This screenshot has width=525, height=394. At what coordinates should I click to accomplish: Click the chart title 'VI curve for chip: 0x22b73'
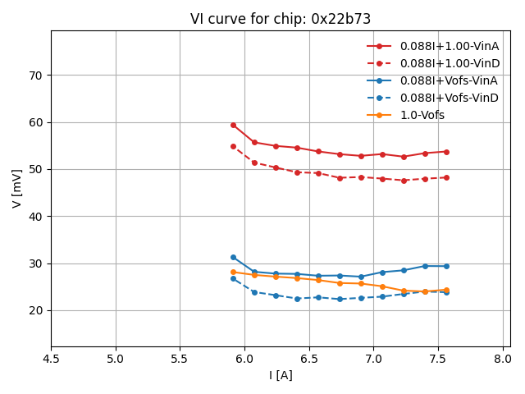coord(280,19)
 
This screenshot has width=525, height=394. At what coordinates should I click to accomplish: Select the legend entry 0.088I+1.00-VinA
coord(450,46)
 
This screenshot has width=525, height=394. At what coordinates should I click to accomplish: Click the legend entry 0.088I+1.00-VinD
coord(450,63)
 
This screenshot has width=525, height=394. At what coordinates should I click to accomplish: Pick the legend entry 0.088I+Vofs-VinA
coord(449,80)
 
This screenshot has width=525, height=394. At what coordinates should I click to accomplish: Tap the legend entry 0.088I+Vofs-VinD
coord(449,98)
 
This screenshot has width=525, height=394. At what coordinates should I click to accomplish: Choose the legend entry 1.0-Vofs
coord(422,115)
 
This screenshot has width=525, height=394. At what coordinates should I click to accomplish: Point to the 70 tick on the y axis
coord(36,76)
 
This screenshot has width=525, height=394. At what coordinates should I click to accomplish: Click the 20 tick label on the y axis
coord(36,310)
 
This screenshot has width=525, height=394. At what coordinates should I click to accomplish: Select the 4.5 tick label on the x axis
coord(51,359)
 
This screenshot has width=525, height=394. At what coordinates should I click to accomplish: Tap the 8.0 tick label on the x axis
coord(502,359)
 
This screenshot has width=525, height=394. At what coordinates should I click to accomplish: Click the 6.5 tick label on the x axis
coord(308,359)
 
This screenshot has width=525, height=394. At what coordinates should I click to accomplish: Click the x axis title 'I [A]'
coord(281,375)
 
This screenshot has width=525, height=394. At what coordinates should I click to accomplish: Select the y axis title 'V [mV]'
coord(17,189)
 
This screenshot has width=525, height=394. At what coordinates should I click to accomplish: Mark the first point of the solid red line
coord(233,125)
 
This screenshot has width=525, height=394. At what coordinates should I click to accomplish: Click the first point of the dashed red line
coord(233,146)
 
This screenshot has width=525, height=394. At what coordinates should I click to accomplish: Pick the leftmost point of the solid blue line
coord(233,257)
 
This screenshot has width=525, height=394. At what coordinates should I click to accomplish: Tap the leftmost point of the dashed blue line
coord(233,278)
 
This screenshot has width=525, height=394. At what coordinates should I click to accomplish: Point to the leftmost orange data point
coord(233,272)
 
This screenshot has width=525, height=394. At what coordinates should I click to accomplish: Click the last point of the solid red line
coord(446,152)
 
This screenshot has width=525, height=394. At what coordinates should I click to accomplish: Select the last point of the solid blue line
coord(446,266)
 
